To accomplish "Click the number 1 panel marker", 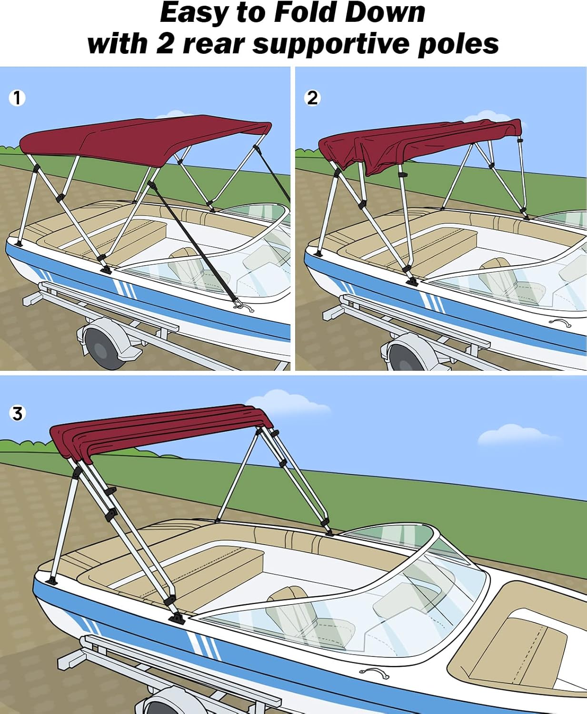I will pos(17,98).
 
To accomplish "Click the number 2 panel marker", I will pos(312,98).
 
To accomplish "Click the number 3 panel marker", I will pos(17,413).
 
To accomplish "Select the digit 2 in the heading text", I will pos(165,44).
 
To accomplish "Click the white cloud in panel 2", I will pos(481,117).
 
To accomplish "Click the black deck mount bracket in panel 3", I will pos(179,619).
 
